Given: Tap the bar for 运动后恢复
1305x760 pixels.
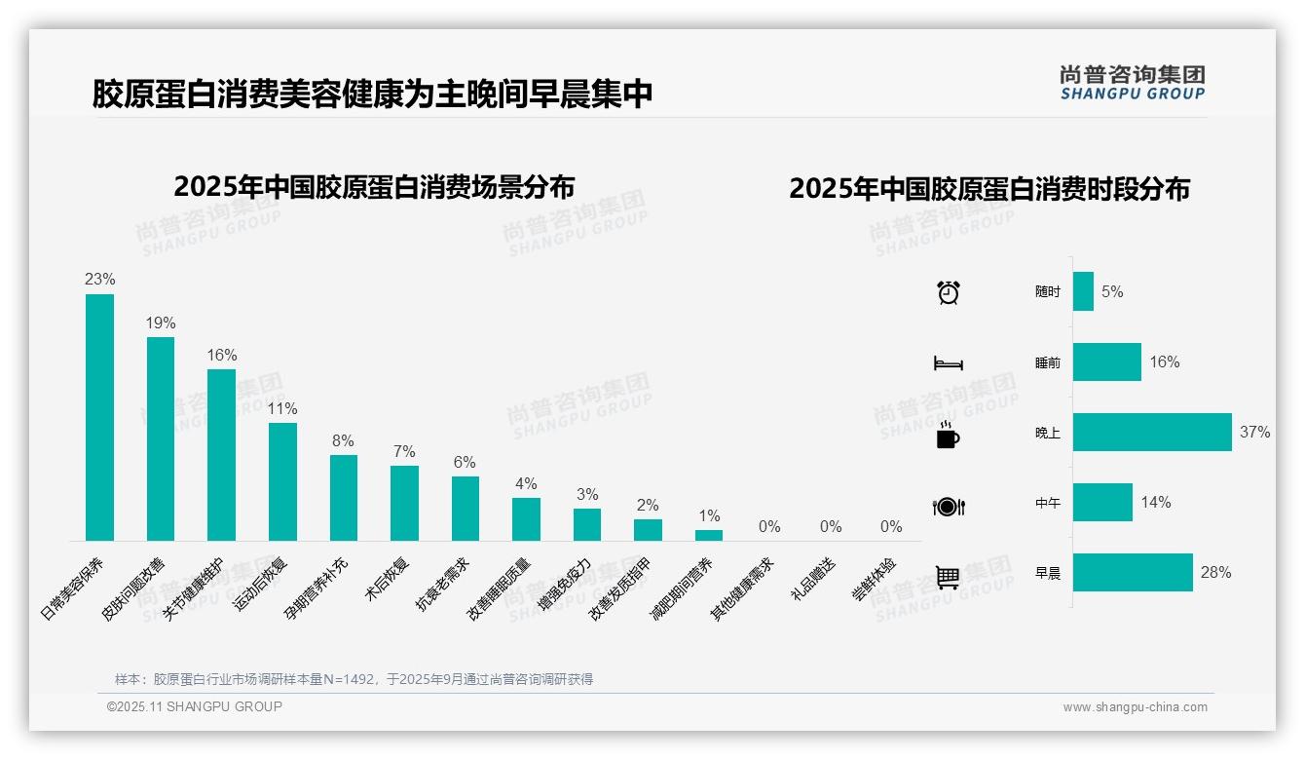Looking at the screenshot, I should click(282, 481).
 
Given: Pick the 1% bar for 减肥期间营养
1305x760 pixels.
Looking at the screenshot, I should click(709, 535).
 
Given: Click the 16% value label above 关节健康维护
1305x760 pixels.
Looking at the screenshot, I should click(221, 356).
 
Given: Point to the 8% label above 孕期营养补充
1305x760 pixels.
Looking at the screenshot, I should click(343, 441).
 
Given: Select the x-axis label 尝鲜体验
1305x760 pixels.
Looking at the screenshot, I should click(875, 580).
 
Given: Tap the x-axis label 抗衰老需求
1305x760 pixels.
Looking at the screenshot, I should click(443, 585).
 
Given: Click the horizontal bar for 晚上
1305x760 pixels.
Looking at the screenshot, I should click(1152, 433).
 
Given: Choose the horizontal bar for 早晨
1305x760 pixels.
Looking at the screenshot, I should click(1133, 573).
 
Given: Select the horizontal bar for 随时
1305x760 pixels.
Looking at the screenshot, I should click(1083, 291).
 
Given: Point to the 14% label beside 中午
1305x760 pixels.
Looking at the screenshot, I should click(1156, 503).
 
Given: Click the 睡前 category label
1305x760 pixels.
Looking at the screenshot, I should click(1048, 362).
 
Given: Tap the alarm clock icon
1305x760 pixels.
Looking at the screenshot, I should click(948, 292).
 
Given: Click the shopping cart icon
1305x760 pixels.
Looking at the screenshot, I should click(948, 577).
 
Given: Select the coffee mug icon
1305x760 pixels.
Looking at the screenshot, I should click(948, 435).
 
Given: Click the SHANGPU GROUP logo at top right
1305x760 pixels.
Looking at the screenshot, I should click(1133, 83).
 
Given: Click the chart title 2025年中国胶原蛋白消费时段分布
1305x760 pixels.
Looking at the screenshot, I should click(989, 189).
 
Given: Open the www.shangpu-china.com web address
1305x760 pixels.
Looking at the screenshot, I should click(1135, 707).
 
